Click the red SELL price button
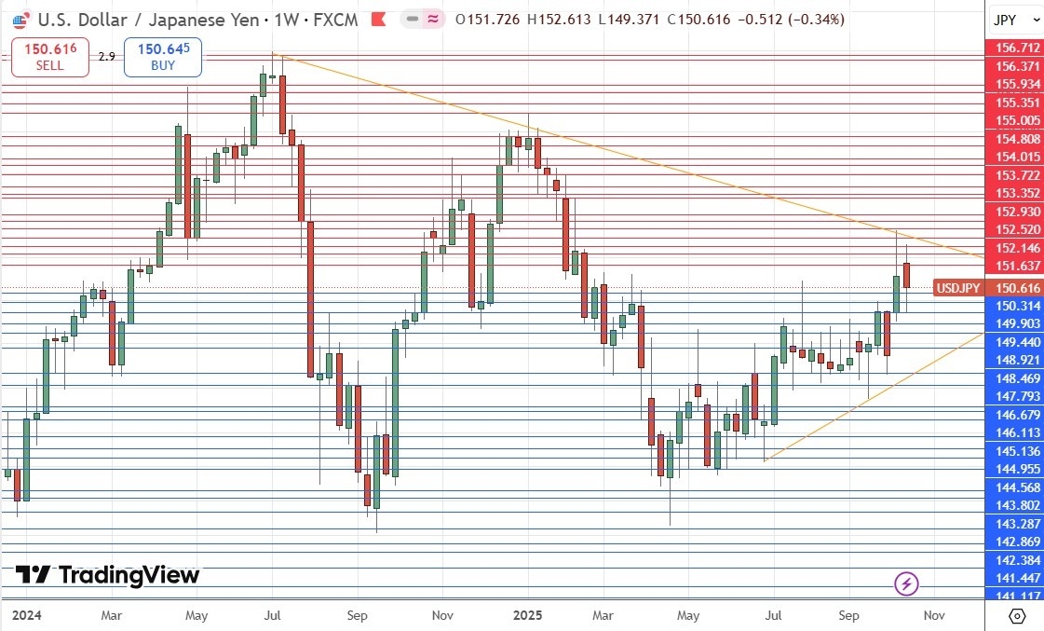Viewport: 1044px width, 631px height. click(50, 56)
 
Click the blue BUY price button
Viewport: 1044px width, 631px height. click(163, 56)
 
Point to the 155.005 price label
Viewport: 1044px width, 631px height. click(1017, 120)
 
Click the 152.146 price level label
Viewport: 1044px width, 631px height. click(1017, 248)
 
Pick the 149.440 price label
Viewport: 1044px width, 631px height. click(1017, 342)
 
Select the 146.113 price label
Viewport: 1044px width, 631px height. click(1017, 432)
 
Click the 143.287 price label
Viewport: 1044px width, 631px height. click(1017, 524)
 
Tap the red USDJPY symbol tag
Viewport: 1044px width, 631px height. click(957, 288)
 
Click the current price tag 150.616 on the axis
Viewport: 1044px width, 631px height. click(1017, 288)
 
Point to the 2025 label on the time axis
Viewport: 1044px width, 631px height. click(527, 615)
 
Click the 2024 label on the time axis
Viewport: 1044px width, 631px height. click(26, 615)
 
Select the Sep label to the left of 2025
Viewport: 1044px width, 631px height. click(358, 615)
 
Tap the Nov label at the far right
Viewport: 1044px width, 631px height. click(935, 615)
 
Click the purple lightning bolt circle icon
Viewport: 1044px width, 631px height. click(906, 584)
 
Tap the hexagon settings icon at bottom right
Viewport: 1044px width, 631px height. click(1016, 615)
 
